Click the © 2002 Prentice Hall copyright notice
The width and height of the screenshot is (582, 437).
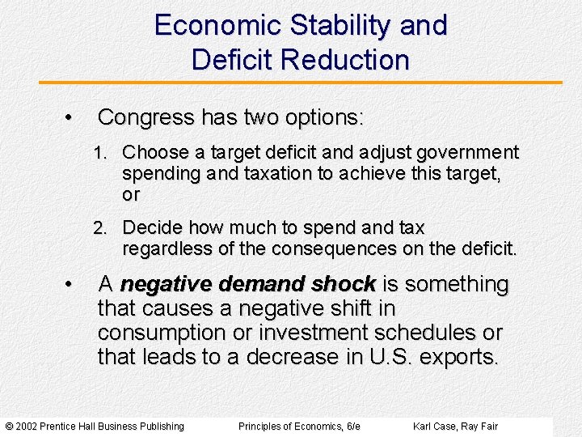(x=95, y=426)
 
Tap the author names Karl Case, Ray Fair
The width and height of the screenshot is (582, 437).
(x=455, y=426)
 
